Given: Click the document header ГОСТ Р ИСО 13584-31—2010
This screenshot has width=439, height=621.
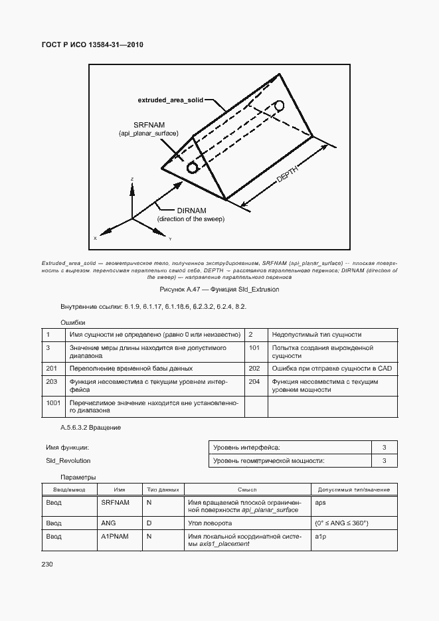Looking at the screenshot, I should pyautogui.click(x=93, y=44).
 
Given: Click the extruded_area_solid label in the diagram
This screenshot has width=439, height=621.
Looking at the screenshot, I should pyautogui.click(x=175, y=100).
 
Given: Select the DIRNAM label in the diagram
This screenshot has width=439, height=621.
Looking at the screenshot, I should pyautogui.click(x=191, y=210).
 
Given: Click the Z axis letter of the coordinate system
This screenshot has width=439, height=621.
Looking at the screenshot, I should pyautogui.click(x=133, y=179).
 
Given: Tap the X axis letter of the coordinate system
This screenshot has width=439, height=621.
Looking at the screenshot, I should pyautogui.click(x=95, y=238).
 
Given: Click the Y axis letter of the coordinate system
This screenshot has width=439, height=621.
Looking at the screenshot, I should pyautogui.click(x=170, y=238).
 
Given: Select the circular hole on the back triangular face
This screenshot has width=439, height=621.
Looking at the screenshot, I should pyautogui.click(x=280, y=106).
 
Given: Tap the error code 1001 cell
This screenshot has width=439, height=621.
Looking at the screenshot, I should pyautogui.click(x=53, y=402).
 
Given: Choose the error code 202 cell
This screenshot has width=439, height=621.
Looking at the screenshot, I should pyautogui.click(x=254, y=368).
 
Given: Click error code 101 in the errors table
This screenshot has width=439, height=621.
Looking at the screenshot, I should pyautogui.click(x=254, y=347).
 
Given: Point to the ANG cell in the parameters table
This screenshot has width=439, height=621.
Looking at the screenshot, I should pyautogui.click(x=108, y=523).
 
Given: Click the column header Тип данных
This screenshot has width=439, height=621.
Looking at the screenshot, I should pyautogui.click(x=163, y=489).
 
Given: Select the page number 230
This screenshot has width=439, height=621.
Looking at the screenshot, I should pyautogui.click(x=48, y=564).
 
